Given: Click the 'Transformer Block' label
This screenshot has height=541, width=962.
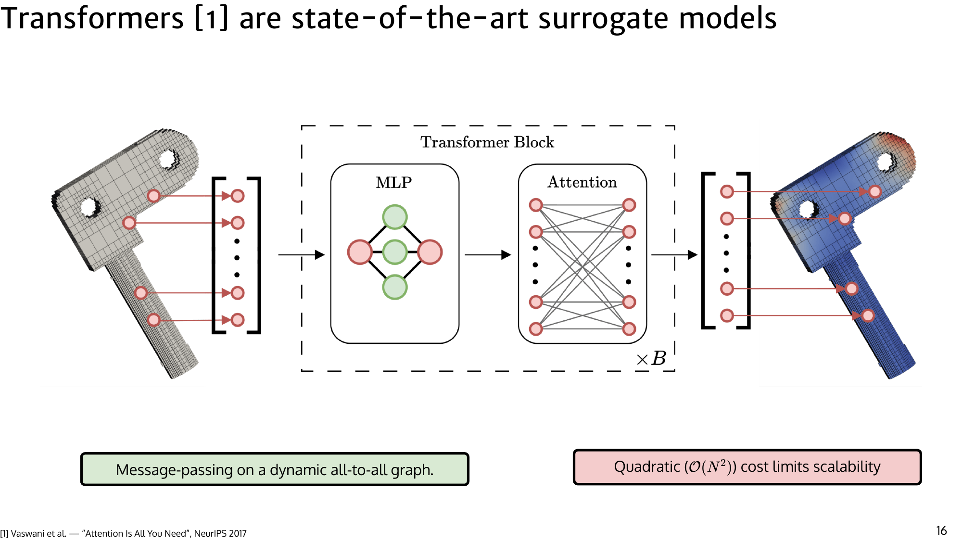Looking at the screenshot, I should click(487, 142).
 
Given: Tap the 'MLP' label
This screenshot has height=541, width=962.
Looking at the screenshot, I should click(393, 183).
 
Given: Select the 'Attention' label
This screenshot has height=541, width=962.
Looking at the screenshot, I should click(582, 182).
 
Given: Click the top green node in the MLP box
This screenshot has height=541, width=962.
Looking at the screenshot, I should click(395, 217).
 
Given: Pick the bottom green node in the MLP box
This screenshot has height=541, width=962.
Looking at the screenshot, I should click(395, 287).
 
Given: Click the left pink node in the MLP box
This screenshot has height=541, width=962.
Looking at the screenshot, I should click(359, 252).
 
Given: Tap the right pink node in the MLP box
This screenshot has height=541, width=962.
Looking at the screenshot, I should click(430, 252).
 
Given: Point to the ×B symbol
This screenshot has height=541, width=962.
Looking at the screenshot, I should click(651, 359).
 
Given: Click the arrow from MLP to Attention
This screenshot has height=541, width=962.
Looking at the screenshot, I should click(488, 254).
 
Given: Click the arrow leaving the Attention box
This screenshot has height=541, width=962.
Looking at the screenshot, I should click(674, 254).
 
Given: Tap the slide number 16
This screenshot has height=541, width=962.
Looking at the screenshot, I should click(941, 530).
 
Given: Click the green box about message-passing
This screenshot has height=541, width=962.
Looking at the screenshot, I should click(275, 469).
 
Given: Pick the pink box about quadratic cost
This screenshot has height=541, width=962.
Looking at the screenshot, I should click(747, 467).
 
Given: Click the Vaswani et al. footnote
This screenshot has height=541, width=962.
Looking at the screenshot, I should click(124, 533).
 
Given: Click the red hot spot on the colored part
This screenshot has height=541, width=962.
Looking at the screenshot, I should click(897, 144).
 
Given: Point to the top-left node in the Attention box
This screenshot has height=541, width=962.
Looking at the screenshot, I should click(536, 205).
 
